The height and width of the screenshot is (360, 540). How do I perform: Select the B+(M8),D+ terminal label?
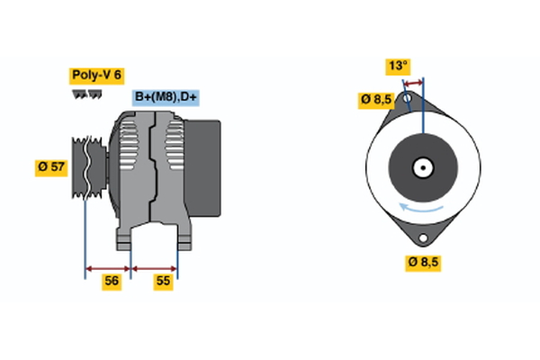pos(166,97)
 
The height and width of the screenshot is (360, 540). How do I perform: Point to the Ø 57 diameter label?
pos(52,167)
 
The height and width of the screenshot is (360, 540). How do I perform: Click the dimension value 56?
pos(112,281)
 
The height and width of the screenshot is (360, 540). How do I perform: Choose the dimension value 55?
pos(164,281)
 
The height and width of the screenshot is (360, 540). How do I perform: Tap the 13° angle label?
pos(398,66)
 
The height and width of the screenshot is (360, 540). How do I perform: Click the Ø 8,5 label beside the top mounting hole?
pos(376,100)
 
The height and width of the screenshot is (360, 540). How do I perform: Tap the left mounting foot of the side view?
pos(125,238)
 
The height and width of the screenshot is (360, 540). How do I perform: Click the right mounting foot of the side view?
pos(183,238)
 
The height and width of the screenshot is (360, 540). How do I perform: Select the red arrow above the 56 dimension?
pos(108,267)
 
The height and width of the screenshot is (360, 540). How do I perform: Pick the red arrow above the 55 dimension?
pos(155,267)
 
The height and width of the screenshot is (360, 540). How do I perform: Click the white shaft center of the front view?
pos(421,167)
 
